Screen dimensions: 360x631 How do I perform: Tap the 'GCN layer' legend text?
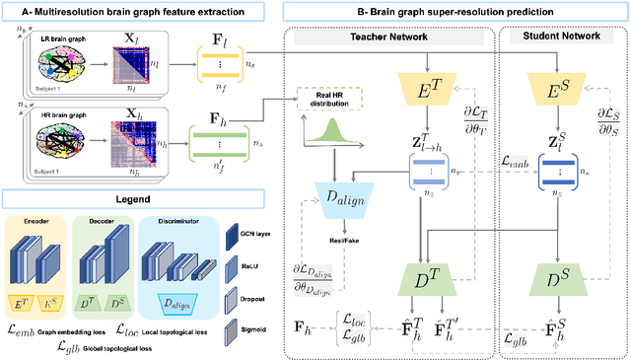(255, 235)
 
